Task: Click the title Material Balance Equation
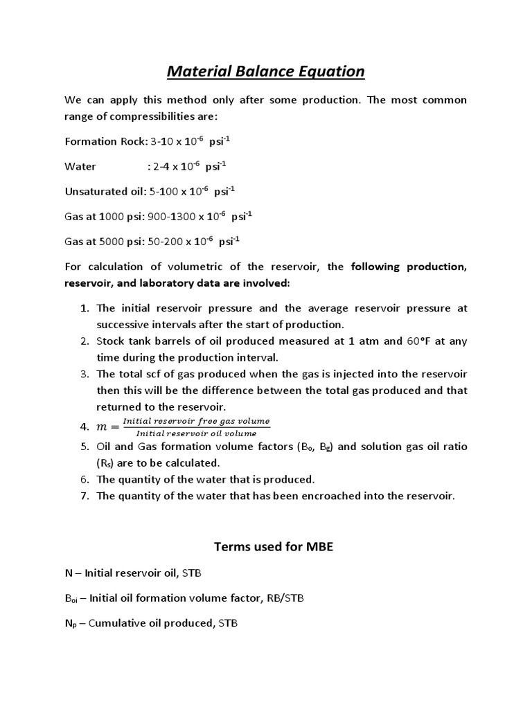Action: click(x=266, y=71)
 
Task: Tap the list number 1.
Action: click(x=84, y=308)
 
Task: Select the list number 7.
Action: click(x=84, y=495)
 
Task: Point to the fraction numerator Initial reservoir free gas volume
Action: click(x=196, y=421)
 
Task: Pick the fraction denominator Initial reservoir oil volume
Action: click(x=196, y=433)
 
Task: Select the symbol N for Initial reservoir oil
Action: click(x=68, y=573)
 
